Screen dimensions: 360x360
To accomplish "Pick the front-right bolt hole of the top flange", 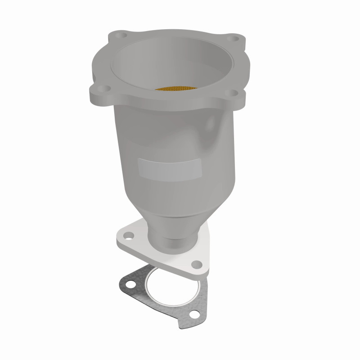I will (234, 92).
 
